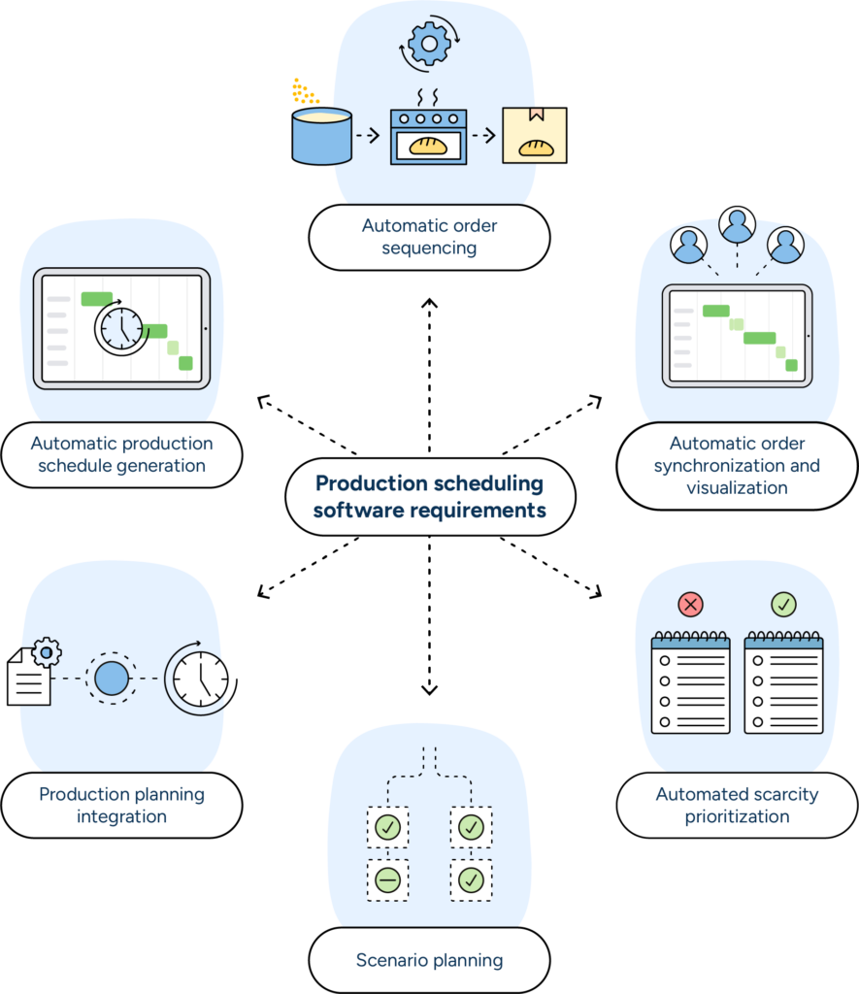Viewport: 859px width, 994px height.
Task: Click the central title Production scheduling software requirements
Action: click(430, 496)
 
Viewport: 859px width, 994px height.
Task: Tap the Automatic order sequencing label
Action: click(430, 237)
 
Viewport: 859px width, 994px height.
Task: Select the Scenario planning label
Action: click(429, 960)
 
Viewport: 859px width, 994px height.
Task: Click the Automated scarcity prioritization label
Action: click(737, 805)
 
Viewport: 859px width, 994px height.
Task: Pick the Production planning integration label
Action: click(121, 805)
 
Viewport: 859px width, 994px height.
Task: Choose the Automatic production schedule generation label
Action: click(121, 454)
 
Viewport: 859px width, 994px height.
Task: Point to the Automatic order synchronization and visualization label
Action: click(737, 465)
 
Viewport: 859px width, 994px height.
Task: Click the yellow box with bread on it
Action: click(534, 135)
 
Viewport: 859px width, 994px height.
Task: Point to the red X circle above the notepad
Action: click(690, 605)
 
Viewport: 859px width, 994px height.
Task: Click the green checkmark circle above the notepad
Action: click(783, 605)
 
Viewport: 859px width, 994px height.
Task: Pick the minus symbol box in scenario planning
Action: click(387, 880)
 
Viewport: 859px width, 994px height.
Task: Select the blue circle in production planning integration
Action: click(112, 677)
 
